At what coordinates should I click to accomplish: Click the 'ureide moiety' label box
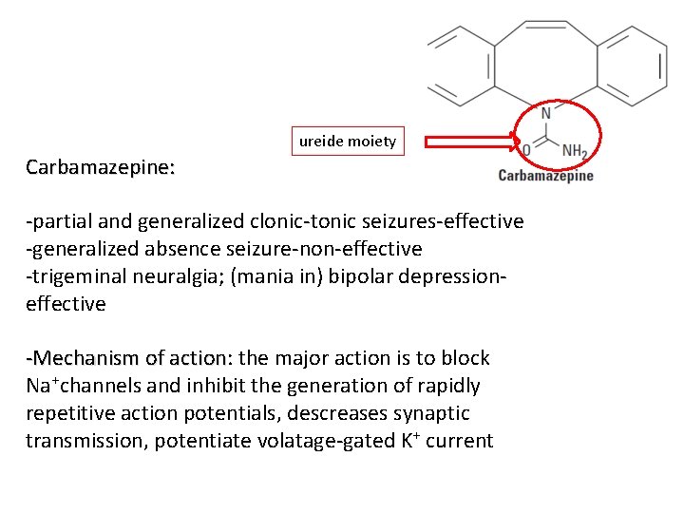(348, 142)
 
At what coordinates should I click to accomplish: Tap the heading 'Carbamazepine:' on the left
(100, 168)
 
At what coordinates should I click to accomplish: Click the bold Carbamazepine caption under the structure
(545, 175)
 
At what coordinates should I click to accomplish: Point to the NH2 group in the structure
(574, 150)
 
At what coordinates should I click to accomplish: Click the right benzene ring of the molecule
(630, 65)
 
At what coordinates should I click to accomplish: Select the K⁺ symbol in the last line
(404, 441)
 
